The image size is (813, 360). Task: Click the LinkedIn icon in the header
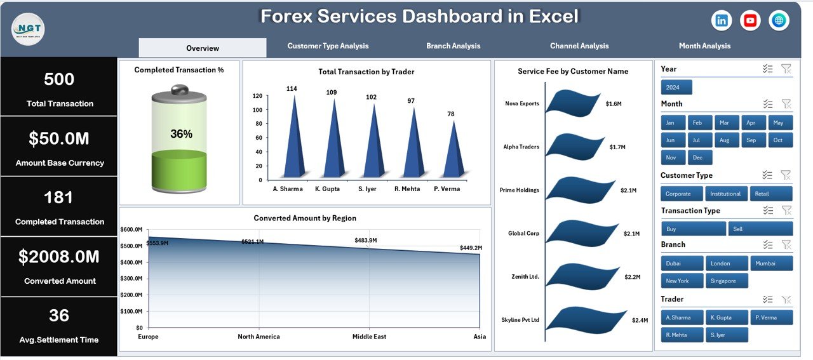click(722, 21)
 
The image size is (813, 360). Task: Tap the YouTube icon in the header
click(751, 21)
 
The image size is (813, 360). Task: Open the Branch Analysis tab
click(453, 46)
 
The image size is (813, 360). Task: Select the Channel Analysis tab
click(579, 46)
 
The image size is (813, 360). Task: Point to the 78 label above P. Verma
click(451, 114)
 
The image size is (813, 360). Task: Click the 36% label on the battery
click(181, 134)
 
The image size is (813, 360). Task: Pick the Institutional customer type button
click(725, 194)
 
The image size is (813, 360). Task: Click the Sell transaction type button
click(760, 229)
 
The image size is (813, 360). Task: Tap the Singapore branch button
click(727, 281)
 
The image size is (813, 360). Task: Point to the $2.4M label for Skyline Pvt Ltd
click(640, 321)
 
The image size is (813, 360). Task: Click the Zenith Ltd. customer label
click(525, 277)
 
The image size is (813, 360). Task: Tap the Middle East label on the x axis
click(368, 337)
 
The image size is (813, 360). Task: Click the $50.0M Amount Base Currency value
click(59, 138)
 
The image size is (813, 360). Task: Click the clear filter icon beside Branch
click(786, 244)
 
